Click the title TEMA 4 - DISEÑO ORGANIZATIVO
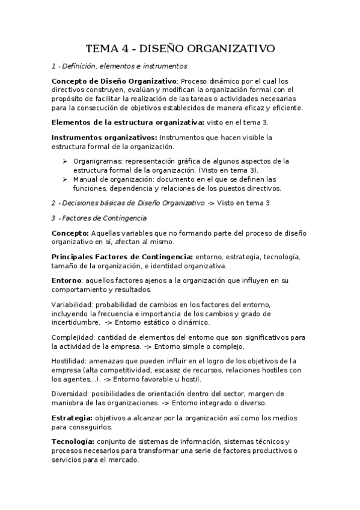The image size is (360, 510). [x=180, y=48]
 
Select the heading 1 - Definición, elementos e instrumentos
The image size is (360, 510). [x=120, y=66]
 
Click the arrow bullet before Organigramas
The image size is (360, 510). [x=65, y=161]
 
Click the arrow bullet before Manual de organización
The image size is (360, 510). [x=65, y=179]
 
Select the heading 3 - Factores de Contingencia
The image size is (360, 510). [x=99, y=217]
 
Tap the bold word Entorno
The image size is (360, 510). [x=66, y=281]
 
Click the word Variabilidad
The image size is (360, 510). [x=71, y=304]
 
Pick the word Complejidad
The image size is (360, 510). [x=73, y=337]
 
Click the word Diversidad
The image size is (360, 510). [x=70, y=393]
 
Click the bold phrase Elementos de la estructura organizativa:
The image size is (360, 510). [x=127, y=122]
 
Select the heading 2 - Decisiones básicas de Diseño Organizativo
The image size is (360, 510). [x=127, y=203]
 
